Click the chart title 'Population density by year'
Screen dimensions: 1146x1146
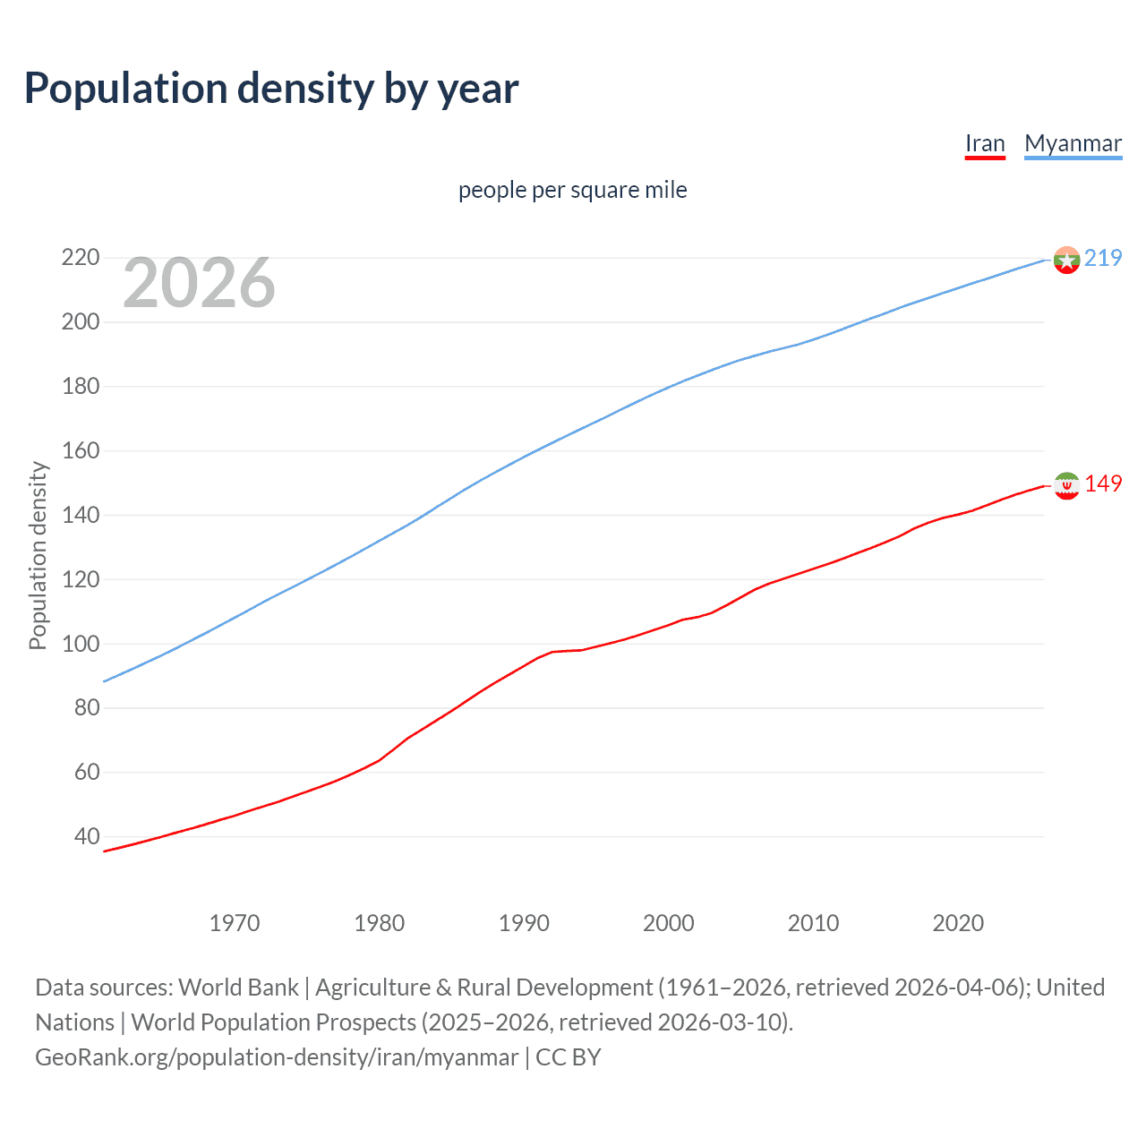(x=271, y=89)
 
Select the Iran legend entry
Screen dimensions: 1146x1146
(x=985, y=143)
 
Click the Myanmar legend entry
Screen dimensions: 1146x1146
(x=1073, y=143)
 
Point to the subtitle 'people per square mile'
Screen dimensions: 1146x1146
(x=572, y=190)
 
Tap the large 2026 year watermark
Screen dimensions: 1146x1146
(x=199, y=283)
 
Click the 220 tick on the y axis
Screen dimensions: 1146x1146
(x=80, y=258)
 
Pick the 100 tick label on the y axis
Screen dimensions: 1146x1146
(x=80, y=644)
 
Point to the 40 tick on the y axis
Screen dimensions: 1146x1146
(x=87, y=837)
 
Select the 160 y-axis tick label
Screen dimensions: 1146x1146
(x=80, y=450)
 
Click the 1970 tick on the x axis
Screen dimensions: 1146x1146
(x=235, y=923)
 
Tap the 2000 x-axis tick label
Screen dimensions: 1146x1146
(x=669, y=923)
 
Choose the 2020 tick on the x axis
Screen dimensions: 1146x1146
(x=958, y=923)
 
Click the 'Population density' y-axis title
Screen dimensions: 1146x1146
(x=38, y=555)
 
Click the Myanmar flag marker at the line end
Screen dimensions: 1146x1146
(x=1066, y=260)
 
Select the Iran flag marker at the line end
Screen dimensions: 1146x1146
(x=1066, y=485)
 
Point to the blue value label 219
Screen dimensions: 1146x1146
(x=1103, y=258)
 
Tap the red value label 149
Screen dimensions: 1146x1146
(x=1103, y=483)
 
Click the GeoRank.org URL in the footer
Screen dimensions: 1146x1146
(x=277, y=1057)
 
